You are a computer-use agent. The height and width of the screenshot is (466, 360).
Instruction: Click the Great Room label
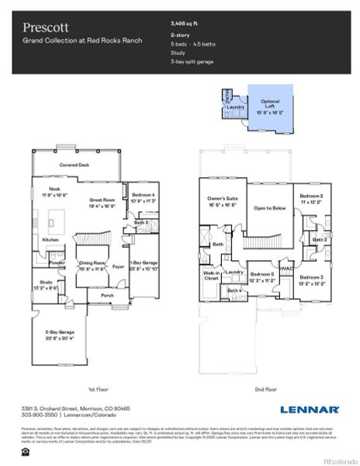pos(102,201)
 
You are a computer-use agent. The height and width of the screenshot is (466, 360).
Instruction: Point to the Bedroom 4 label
pos(144,195)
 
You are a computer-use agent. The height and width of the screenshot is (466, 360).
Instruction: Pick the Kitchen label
pos(50,240)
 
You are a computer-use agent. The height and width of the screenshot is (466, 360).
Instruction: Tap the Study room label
pos(47,283)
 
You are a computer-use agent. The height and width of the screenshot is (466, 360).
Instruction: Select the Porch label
pos(106,295)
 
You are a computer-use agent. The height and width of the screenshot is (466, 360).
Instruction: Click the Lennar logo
pos(309,409)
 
